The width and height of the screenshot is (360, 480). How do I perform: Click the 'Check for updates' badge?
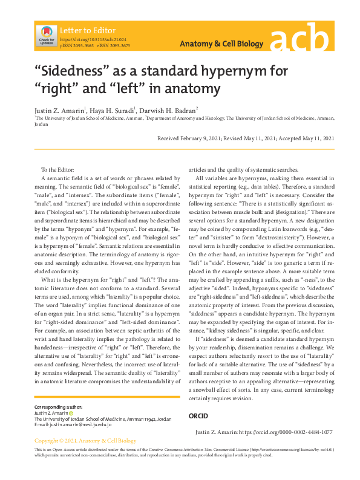tap(47, 36)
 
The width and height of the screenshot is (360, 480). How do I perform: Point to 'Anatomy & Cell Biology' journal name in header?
tap(221, 44)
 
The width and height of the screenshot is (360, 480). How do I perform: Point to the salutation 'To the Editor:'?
tap(57, 170)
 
